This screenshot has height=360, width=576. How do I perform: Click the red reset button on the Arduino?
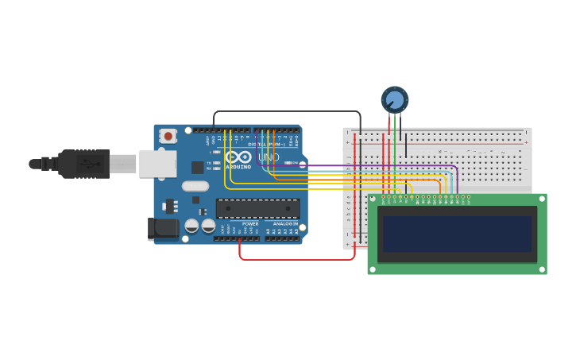point(168,136)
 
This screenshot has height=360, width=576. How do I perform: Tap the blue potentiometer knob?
point(395,99)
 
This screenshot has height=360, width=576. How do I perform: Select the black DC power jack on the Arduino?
point(164,228)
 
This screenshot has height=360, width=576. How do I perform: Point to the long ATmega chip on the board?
point(257,209)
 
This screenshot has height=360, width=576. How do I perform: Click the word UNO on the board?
point(269,157)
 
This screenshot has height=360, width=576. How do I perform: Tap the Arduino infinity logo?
point(238,157)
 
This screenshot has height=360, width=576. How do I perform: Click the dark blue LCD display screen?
point(456,234)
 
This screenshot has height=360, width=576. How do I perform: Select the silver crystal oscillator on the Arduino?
point(195,186)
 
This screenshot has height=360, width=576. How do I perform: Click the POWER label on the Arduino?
point(250,224)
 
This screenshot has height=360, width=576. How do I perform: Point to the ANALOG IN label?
point(284,224)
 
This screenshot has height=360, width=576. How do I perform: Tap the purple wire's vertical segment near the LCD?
point(458,181)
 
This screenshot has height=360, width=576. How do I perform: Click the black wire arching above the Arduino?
point(286,111)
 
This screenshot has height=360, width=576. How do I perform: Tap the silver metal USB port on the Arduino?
point(157,164)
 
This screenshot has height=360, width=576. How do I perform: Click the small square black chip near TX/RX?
point(197,167)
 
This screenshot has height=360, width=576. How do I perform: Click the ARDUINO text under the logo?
point(238,167)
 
